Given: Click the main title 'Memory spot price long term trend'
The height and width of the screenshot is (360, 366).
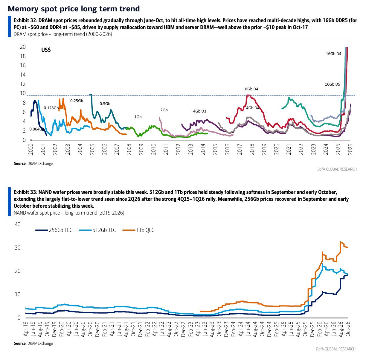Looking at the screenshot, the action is [x=74, y=9].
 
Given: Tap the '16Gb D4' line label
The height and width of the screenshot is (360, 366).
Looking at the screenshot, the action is [x=333, y=54].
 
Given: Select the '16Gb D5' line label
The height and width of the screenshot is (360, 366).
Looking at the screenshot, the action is [x=333, y=84].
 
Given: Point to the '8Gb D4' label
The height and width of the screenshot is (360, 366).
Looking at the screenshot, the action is [x=251, y=89].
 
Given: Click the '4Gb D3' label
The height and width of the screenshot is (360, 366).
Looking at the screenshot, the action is [x=199, y=111].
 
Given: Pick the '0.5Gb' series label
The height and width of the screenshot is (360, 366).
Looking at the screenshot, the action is [x=105, y=104].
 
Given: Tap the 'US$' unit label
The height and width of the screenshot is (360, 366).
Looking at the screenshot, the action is [x=46, y=50].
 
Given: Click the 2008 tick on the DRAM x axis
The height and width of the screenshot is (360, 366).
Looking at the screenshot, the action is [x=129, y=149].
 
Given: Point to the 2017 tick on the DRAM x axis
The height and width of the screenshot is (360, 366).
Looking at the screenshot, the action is [x=240, y=149].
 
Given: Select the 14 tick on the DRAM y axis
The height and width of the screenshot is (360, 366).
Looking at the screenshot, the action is [x=23, y=75].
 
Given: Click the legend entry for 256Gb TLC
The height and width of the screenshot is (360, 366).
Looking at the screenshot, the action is [x=54, y=230].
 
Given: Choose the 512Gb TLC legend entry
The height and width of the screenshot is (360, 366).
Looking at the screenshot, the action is [x=97, y=230].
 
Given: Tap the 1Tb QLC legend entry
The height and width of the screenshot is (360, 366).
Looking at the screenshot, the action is [x=138, y=230].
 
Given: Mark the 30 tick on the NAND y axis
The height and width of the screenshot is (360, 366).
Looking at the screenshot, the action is [x=17, y=247].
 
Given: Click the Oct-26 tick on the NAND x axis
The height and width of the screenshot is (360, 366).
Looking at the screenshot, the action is [x=348, y=329].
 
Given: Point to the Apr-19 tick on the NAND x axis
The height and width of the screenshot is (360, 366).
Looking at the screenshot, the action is [x=25, y=329].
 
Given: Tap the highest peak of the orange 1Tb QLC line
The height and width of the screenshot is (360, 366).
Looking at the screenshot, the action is [x=340, y=242].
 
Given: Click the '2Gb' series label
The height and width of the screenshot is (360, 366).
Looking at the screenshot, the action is [x=164, y=110].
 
